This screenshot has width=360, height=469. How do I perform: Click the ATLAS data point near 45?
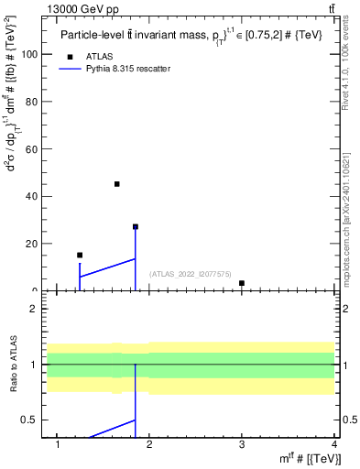(116, 184)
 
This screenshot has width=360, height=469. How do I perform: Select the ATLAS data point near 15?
(80, 255)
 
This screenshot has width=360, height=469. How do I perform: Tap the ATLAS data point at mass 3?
(241, 283)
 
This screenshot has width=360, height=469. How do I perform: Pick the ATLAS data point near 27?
(135, 226)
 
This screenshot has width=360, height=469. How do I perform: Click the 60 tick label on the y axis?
(30, 149)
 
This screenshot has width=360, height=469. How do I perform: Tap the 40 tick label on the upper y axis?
(30, 196)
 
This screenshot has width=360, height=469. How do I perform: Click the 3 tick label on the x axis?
(241, 444)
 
